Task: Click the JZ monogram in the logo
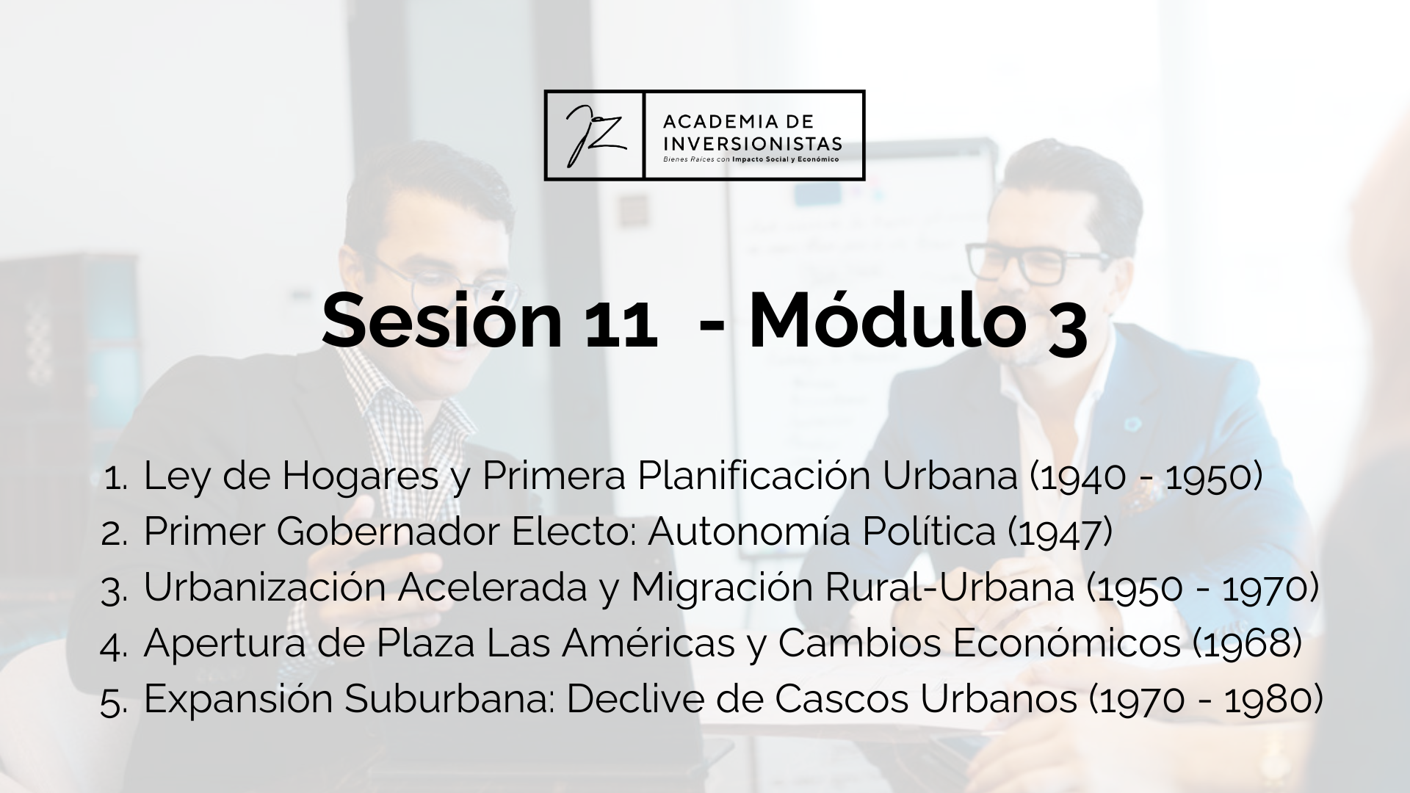point(595,135)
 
